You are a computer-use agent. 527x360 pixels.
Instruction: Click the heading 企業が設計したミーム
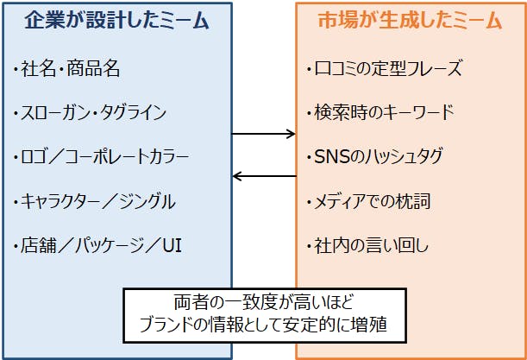pyautogui.click(x=116, y=22)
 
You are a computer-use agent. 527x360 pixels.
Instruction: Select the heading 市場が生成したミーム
pyautogui.click(x=411, y=22)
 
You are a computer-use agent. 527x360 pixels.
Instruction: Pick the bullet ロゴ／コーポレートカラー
pyautogui.click(x=103, y=157)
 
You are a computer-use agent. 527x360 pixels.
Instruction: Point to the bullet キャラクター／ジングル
pyautogui.click(x=96, y=202)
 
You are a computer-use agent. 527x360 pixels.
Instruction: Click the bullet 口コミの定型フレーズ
pyautogui.click(x=386, y=68)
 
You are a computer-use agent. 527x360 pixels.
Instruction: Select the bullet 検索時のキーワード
pyautogui.click(x=380, y=112)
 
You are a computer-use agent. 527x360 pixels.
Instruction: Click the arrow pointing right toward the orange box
pyautogui.click(x=264, y=134)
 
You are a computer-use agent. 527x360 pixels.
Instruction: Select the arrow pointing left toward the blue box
pyautogui.click(x=264, y=177)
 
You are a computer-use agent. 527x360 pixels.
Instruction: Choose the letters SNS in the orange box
pyautogui.click(x=327, y=157)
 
